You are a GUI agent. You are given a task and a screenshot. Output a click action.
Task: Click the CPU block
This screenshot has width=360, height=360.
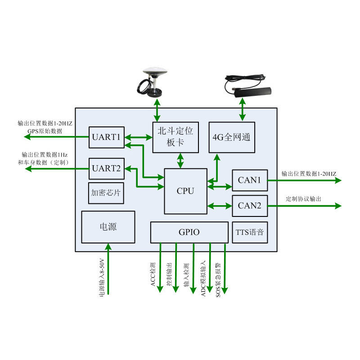[185, 191]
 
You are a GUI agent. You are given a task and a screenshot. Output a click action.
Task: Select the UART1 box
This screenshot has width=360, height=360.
[106, 137]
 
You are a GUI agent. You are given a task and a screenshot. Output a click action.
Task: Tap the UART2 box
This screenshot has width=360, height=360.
[106, 169]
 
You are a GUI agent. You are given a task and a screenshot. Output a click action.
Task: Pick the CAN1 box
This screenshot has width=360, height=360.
[250, 180]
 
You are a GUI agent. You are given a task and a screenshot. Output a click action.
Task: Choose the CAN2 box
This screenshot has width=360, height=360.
[250, 206]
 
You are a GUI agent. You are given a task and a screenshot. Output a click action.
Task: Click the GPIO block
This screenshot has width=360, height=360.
[189, 232]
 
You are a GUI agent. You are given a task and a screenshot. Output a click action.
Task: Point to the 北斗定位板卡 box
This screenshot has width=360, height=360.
[175, 137]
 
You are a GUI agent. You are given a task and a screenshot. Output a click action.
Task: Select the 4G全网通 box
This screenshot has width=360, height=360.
[232, 137]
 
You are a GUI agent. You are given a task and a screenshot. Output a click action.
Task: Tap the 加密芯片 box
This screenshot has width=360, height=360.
[107, 193]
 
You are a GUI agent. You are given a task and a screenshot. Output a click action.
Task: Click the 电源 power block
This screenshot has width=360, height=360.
[108, 227]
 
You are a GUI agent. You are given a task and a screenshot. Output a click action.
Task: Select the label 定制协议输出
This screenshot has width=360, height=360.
[304, 199]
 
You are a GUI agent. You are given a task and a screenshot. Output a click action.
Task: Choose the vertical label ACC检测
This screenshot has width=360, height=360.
[153, 274]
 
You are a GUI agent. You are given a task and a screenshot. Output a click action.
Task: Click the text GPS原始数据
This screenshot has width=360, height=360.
[45, 131]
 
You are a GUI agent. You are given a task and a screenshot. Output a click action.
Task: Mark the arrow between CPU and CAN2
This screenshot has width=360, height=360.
[220, 206]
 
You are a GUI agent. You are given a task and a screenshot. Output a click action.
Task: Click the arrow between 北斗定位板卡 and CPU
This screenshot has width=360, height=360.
[180, 161]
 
